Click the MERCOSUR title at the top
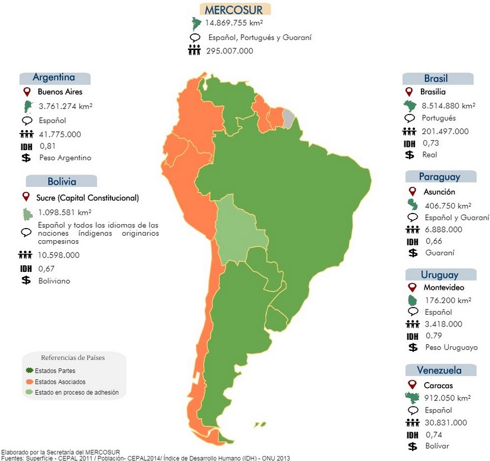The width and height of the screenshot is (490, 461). [x=234, y=9]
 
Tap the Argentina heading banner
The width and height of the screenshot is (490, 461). [x=54, y=77]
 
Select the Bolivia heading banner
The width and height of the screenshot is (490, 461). [x=62, y=181]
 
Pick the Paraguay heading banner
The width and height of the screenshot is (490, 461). [x=440, y=177]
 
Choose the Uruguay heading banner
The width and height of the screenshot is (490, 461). [x=440, y=275]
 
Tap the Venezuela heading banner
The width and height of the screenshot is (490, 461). [x=439, y=370]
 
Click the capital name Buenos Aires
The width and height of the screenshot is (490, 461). [x=60, y=92]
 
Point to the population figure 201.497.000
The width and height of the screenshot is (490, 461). [x=444, y=131]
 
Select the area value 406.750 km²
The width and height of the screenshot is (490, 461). [x=448, y=205]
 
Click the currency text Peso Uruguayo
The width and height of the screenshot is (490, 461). [x=451, y=348]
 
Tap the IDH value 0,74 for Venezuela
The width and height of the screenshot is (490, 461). [x=433, y=434]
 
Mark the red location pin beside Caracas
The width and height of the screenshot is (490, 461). [x=412, y=385]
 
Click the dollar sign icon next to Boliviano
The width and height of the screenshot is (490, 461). [x=26, y=281]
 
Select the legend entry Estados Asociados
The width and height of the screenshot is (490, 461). [x=60, y=382]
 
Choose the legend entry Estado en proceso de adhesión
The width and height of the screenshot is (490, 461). [x=77, y=392]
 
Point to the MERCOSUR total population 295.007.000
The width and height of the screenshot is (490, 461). [x=229, y=51]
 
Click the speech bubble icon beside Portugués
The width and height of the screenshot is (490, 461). [x=410, y=118]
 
